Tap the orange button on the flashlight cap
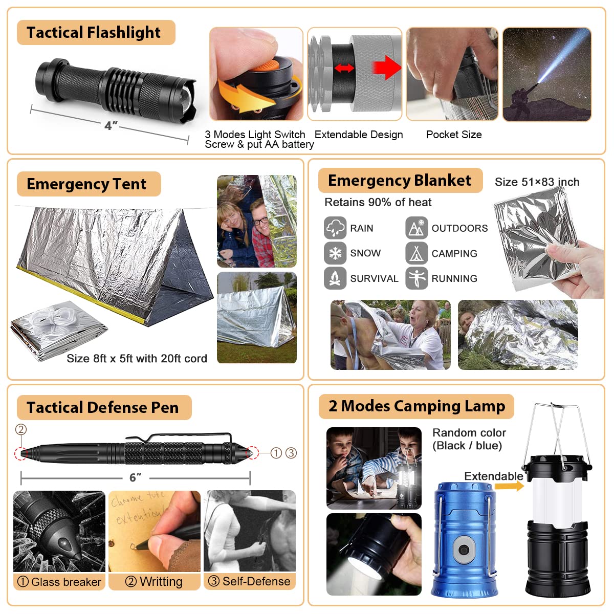tap(268, 65)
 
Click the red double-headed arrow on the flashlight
tap(344, 68)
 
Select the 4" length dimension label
tap(111, 125)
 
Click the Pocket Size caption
tap(454, 135)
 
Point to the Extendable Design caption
tap(359, 135)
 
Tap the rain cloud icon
tap(335, 228)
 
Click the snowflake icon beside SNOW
tap(335, 253)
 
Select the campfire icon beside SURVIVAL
tap(335, 278)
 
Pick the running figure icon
tap(416, 278)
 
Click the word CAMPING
tap(454, 253)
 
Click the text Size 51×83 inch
tap(537, 182)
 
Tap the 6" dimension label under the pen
tap(135, 477)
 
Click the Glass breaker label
tap(59, 582)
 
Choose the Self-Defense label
tap(250, 581)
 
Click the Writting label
tap(154, 582)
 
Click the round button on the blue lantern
tap(464, 550)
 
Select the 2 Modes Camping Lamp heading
tap(416, 406)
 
